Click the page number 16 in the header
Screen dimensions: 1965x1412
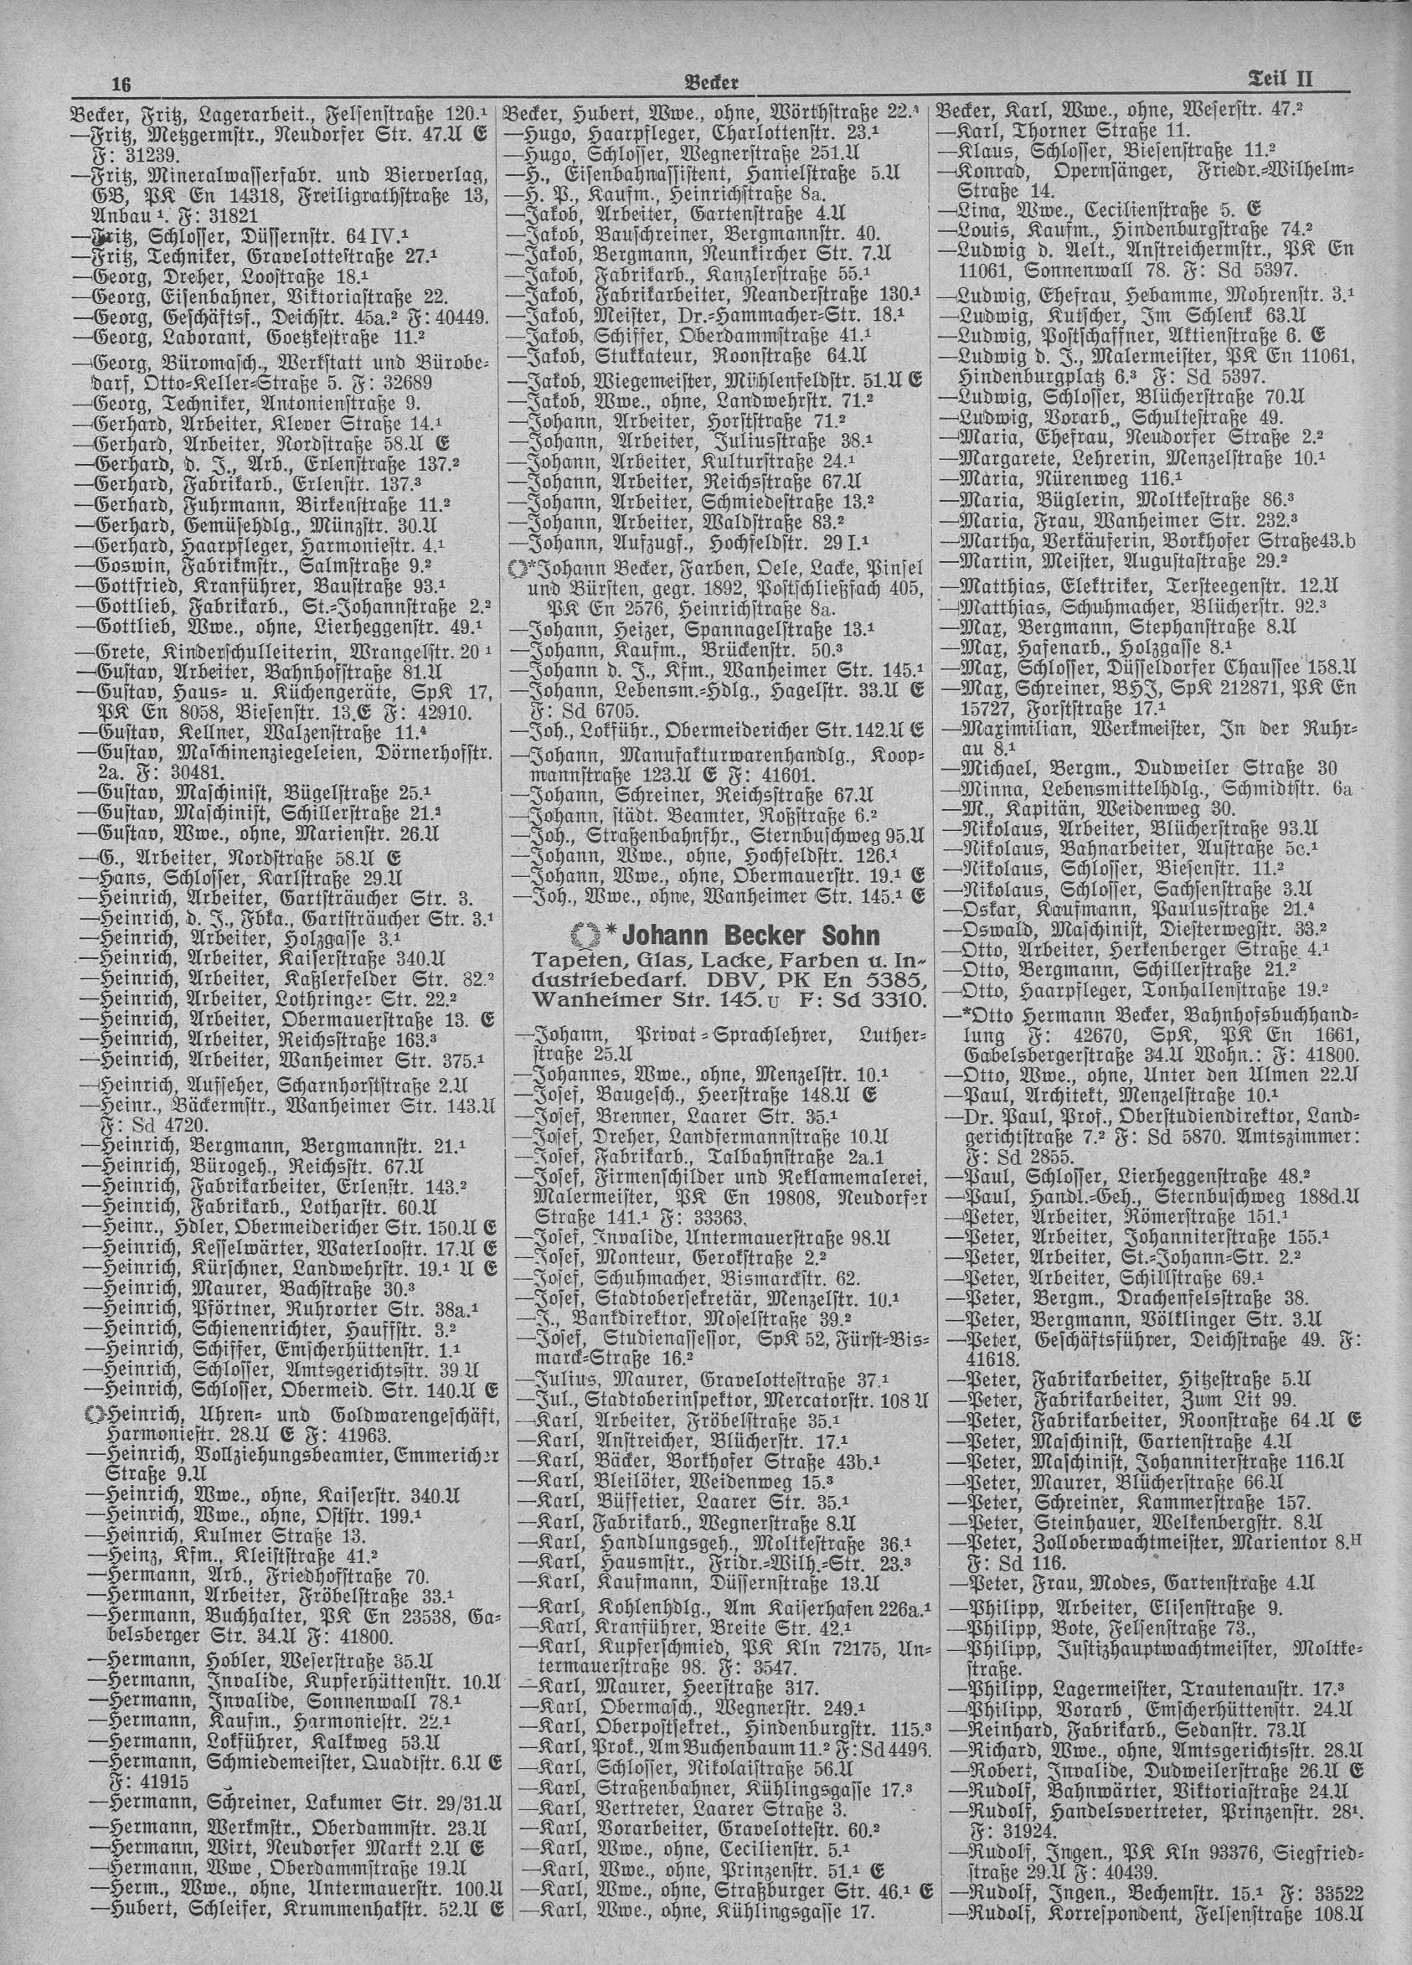pyautogui.click(x=121, y=84)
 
